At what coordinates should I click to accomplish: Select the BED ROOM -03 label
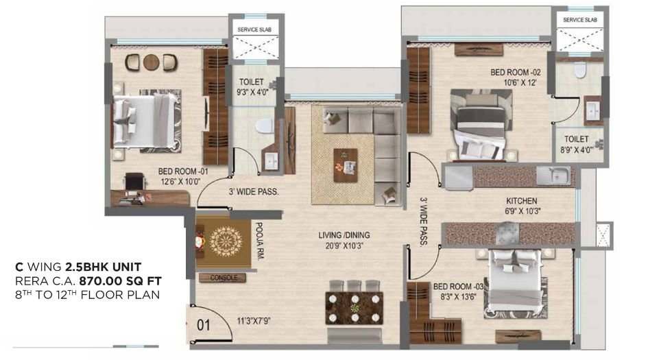tap(454, 287)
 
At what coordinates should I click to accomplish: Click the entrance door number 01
tap(203, 326)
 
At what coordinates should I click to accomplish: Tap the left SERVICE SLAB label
tap(255, 30)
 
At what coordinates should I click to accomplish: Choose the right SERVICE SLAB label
tap(580, 21)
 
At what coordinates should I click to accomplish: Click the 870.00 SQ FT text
tap(120, 280)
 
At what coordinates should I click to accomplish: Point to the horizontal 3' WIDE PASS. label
tap(255, 192)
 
